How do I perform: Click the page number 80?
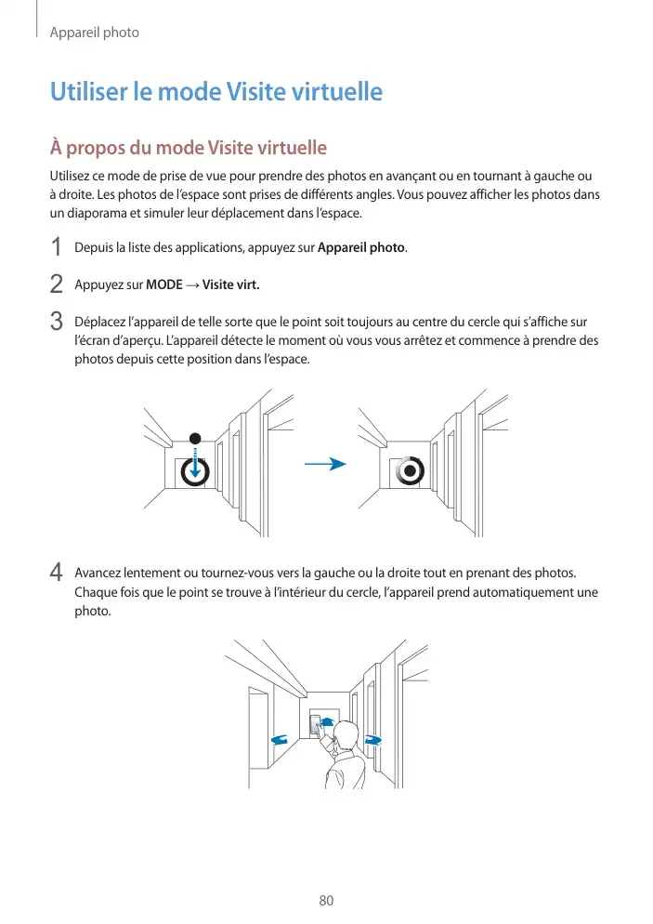(326, 901)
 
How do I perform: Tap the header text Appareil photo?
(94, 33)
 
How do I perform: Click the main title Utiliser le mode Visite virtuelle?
(215, 93)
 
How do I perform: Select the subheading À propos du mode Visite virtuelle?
(188, 148)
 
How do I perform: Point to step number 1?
(57, 248)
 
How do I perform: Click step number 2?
(57, 284)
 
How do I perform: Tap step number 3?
(57, 322)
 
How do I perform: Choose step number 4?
(57, 571)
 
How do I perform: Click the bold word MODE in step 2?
(164, 284)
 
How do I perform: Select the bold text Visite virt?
(231, 284)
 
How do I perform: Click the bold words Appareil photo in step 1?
(361, 248)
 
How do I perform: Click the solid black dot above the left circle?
(195, 438)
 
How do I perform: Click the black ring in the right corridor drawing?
(410, 471)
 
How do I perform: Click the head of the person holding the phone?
(346, 737)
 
